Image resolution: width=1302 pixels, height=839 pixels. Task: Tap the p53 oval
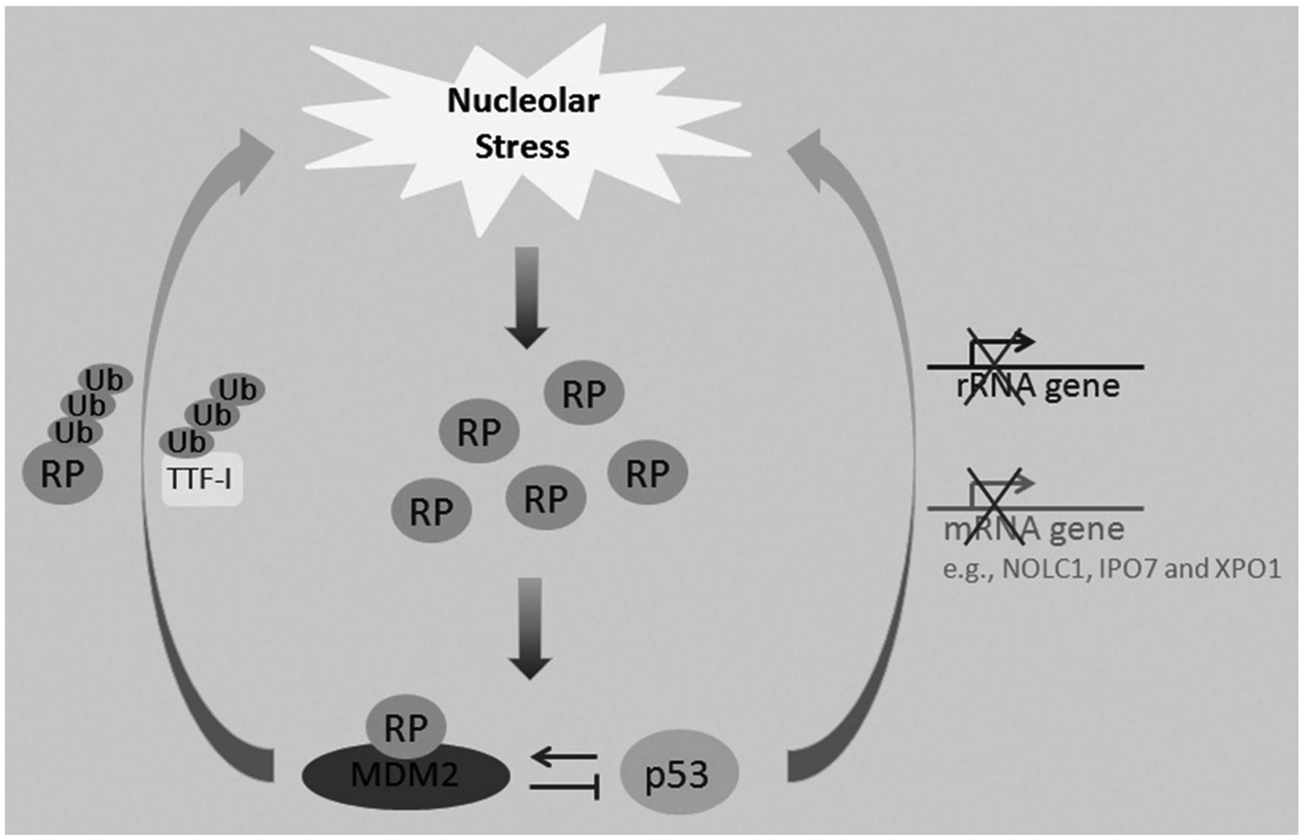coord(679,773)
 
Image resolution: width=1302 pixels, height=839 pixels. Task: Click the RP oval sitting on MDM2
coord(405,726)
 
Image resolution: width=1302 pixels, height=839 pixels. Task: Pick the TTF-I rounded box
coord(201,479)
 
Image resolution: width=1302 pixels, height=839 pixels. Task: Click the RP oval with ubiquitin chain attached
coord(62,472)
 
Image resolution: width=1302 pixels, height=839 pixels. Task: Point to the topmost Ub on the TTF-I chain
coord(237,390)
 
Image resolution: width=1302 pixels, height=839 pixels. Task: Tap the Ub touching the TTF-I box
coord(186,442)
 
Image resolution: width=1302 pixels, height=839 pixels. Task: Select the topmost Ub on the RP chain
coord(105,380)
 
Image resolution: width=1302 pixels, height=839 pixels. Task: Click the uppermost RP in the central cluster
coord(583,393)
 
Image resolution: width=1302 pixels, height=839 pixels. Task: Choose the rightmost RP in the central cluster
coord(648,472)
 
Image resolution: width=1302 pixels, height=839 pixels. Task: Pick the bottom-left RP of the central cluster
coord(431,511)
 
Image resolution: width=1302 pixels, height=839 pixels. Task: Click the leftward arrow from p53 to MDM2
coord(564,757)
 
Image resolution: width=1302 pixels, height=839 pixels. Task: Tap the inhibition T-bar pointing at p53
coord(564,787)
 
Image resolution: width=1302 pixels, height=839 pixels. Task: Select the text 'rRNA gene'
coord(1038,386)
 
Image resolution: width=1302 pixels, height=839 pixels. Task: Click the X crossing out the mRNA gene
coord(993,507)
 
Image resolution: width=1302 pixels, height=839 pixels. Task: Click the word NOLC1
coord(1044,569)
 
